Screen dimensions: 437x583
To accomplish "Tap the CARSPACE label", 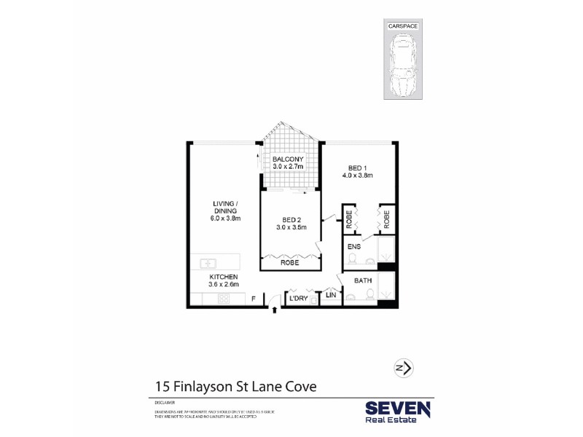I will click(x=403, y=25).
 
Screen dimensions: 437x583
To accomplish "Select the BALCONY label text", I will click(x=288, y=160).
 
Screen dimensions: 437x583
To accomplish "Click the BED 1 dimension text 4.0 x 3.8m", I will click(x=357, y=176).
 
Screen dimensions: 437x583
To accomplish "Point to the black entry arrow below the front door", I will click(x=275, y=311).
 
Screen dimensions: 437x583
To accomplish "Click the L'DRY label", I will click(x=298, y=299).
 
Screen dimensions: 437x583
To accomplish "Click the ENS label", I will click(x=354, y=247).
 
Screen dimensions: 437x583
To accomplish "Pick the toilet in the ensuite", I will click(x=368, y=260).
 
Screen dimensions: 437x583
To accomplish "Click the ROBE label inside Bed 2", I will click(x=289, y=263).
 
